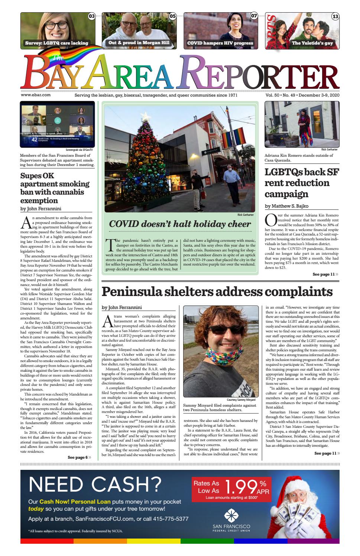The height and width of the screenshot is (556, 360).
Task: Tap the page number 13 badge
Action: pos(335,16)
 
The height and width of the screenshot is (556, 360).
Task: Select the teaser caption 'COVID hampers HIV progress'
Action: pos(220,43)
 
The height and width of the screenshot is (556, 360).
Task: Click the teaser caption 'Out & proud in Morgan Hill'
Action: pos(139,43)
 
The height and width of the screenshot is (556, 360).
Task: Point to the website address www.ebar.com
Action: pos(36,95)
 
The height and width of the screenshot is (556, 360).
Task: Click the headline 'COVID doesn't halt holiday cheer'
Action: pos(180,224)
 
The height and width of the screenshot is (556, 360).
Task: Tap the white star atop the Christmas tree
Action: pos(146,116)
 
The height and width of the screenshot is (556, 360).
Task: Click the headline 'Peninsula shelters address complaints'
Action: pos(217,292)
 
